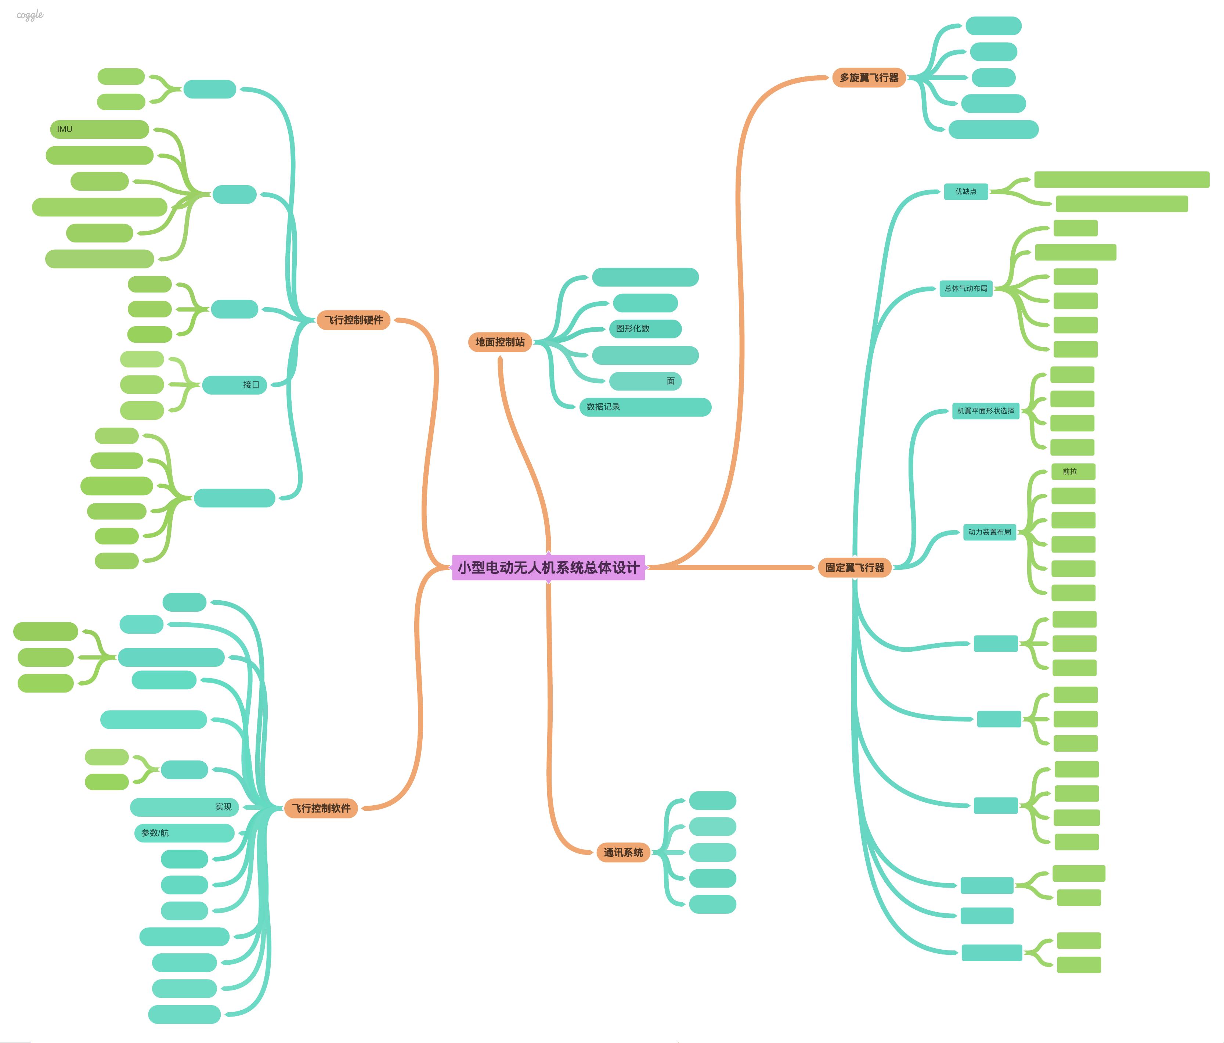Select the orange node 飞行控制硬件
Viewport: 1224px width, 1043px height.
(x=353, y=320)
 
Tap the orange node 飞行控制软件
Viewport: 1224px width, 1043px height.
(x=321, y=808)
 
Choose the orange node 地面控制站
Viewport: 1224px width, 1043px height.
(x=500, y=342)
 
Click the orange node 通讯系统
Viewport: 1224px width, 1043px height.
(x=623, y=852)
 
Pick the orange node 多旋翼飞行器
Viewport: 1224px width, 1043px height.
(x=869, y=78)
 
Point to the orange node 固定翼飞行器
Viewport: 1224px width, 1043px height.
(x=854, y=567)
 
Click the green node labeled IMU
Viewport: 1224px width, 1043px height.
(x=99, y=129)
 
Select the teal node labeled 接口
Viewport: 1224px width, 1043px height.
(x=235, y=385)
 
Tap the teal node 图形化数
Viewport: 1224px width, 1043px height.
(x=645, y=328)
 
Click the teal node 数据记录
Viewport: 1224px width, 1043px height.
(x=645, y=407)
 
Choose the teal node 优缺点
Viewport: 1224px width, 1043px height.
(x=966, y=191)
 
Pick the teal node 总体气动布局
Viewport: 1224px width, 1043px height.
(x=966, y=288)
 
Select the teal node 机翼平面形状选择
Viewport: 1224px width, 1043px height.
(x=985, y=411)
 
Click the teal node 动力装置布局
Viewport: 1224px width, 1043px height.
(x=989, y=532)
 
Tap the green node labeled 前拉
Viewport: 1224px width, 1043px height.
(x=1073, y=472)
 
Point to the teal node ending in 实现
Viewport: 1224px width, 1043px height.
(x=184, y=807)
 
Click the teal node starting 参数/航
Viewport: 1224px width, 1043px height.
(x=184, y=832)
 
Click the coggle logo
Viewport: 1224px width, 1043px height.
(x=29, y=15)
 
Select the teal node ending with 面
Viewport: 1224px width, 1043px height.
(x=645, y=381)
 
